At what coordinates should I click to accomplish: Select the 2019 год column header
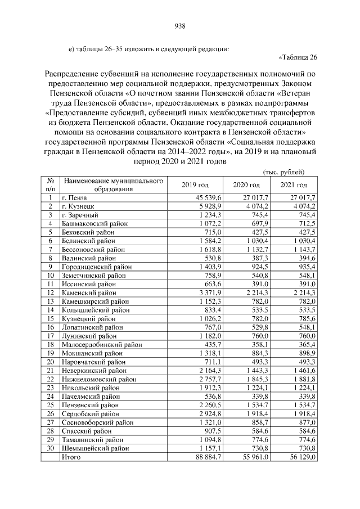pos(195,185)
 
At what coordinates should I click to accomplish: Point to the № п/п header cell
pos(50,185)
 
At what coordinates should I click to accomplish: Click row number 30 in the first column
pos(50,449)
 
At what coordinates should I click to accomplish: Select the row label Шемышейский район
pos(94,449)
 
